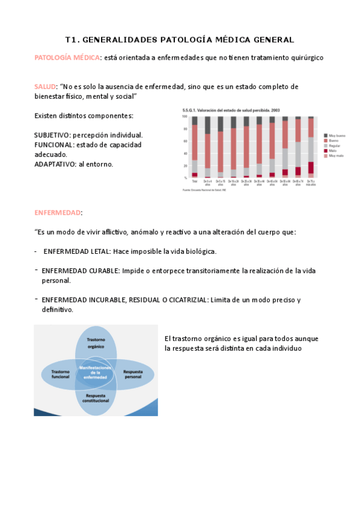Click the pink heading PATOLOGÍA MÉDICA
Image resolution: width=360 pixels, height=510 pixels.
[x=67, y=58]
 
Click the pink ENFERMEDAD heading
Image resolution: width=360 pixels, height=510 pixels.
[x=57, y=213]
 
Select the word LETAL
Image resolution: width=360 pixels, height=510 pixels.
[x=100, y=251]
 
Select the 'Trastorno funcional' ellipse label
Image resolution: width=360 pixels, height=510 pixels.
[x=61, y=375]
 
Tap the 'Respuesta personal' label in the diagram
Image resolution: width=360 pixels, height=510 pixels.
[x=133, y=375]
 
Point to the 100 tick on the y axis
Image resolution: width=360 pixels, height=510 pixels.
[x=185, y=116]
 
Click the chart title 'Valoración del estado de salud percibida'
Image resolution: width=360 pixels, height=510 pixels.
[x=231, y=111]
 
